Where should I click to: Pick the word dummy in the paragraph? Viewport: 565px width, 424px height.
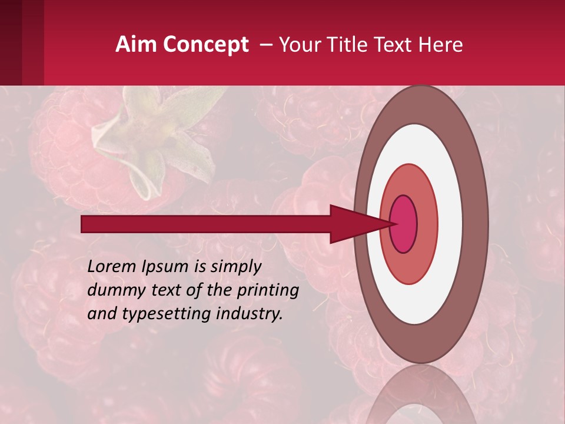coord(111,290)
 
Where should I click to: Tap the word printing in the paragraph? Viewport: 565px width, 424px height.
coord(268,290)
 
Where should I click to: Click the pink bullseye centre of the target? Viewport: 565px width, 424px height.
coord(404,224)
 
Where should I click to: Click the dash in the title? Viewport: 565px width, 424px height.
coord(265,45)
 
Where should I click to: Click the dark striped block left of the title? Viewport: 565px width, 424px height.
coord(22,42)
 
